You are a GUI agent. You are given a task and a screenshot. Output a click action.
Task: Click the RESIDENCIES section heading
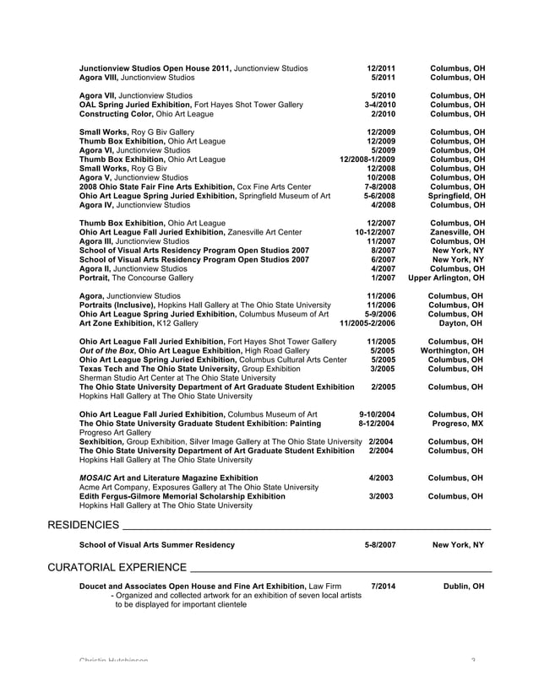83,526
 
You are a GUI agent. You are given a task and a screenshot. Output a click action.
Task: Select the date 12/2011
382,68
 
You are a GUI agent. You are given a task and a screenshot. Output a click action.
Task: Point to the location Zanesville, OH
456,232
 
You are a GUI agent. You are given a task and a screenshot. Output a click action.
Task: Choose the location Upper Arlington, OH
446,278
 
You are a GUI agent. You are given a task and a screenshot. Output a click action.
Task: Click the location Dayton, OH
461,323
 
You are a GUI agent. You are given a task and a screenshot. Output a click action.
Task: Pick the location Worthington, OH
453,350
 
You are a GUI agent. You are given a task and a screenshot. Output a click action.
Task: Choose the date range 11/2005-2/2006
367,323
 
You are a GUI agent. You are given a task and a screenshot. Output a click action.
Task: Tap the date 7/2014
383,586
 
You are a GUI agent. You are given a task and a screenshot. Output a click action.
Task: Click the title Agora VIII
101,77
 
